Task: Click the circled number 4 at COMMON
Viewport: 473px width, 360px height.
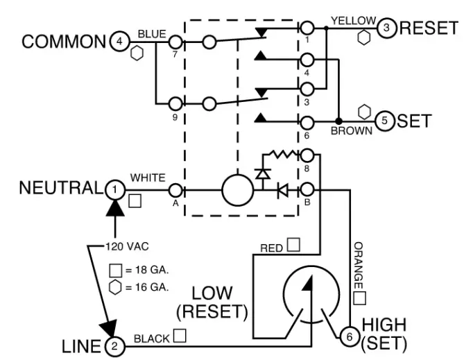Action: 119,42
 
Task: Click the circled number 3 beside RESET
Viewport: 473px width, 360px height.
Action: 386,28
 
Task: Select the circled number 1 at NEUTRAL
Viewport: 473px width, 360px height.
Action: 114,188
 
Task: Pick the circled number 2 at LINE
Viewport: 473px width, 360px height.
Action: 115,345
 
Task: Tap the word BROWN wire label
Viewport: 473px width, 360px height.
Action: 351,130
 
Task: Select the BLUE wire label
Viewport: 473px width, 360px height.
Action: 150,33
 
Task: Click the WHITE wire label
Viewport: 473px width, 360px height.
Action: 148,178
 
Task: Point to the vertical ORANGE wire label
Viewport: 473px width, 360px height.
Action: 358,266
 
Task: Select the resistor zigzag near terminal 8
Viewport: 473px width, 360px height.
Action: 282,154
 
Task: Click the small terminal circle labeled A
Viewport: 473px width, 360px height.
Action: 175,189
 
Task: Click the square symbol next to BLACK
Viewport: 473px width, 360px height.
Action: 180,336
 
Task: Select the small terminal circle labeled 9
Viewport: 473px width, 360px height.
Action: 175,104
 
